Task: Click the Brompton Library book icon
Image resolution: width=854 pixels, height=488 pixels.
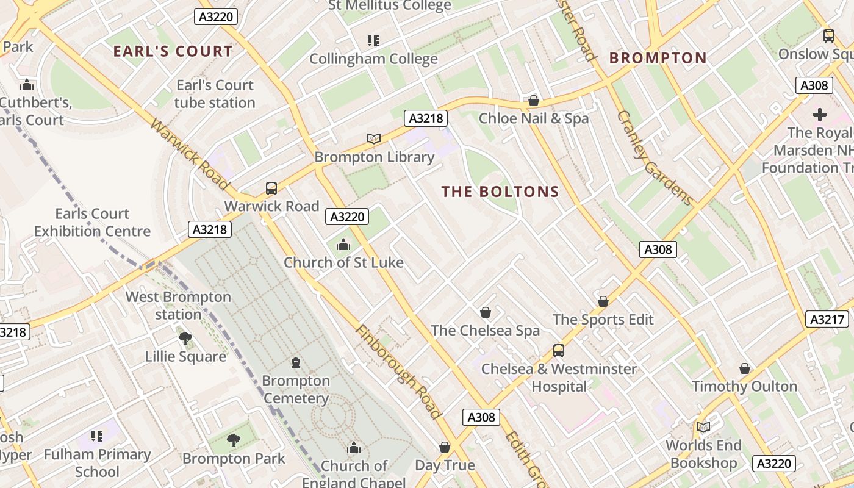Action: [374, 138]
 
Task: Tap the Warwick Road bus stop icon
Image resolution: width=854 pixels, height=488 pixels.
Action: [271, 188]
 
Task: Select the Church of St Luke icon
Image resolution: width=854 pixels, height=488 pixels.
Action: [343, 245]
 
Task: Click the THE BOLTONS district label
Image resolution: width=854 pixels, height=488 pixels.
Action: [500, 192]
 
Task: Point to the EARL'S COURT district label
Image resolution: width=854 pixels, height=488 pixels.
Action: [173, 51]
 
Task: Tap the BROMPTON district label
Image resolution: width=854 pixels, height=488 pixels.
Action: [658, 58]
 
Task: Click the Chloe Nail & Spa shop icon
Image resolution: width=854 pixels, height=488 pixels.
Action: [534, 100]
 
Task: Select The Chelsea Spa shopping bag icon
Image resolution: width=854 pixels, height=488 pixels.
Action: [486, 312]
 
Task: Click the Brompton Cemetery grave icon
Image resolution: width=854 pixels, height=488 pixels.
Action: [296, 363]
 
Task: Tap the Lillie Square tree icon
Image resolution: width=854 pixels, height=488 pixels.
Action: [185, 338]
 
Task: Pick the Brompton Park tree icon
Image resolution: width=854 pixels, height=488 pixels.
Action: [233, 440]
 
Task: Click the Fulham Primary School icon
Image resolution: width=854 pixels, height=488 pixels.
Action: [97, 436]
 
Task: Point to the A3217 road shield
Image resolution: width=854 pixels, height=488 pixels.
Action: [827, 319]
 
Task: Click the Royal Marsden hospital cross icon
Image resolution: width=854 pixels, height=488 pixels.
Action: [820, 114]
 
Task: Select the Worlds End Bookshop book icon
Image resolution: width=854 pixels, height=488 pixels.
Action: [703, 427]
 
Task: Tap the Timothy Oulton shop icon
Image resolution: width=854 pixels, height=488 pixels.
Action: [744, 368]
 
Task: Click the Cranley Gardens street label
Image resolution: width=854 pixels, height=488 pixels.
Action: [655, 158]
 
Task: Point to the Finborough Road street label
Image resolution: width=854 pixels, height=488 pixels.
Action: [398, 371]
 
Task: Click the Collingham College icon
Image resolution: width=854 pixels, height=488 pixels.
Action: [373, 41]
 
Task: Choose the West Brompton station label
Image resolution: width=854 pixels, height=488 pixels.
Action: [178, 306]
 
